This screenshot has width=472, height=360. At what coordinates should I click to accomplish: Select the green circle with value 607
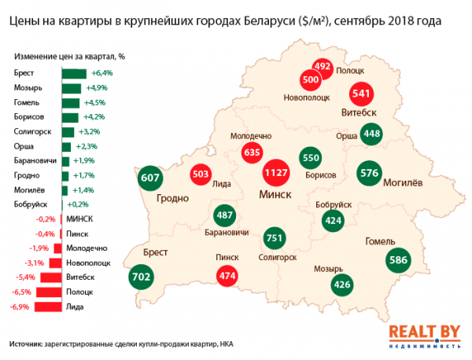(150, 178)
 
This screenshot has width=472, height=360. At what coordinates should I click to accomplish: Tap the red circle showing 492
(323, 67)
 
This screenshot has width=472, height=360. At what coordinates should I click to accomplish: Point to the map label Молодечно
(250, 136)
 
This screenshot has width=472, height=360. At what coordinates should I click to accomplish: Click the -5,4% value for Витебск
(26, 277)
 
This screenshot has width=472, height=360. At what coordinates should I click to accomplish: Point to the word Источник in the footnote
(26, 344)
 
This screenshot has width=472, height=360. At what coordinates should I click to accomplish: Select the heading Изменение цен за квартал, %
(69, 57)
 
